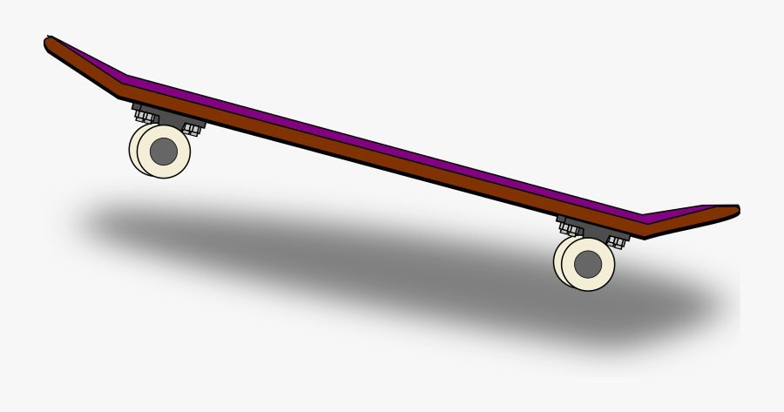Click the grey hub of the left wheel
click(x=164, y=152)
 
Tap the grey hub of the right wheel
click(x=588, y=263)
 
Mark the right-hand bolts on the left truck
click(x=192, y=129)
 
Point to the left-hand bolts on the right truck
click(x=569, y=227)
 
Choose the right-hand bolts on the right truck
click(x=617, y=240)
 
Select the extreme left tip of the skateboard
click(x=47, y=40)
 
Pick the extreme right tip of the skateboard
click(x=738, y=210)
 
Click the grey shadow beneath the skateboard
click(x=392, y=261)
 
